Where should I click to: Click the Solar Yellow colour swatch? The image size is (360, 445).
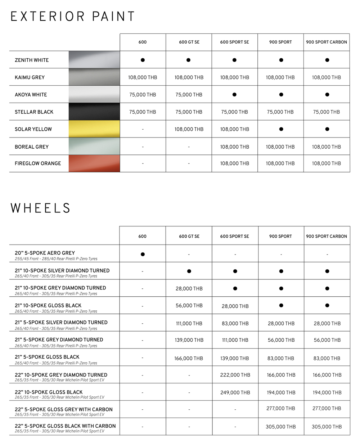point(94,129)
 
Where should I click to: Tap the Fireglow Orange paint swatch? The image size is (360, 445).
point(94,163)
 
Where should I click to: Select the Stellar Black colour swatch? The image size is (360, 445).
point(94,112)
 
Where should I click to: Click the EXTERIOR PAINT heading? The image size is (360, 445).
point(73,17)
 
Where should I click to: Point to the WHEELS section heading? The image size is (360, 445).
point(41,208)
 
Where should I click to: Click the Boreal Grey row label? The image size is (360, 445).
point(32,147)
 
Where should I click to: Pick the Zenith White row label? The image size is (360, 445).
point(32,60)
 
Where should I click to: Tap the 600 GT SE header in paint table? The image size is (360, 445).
point(189,42)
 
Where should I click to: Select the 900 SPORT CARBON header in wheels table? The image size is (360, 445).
point(327,237)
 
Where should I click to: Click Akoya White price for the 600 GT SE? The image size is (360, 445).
point(189,95)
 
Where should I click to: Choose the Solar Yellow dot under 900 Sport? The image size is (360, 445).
point(281,129)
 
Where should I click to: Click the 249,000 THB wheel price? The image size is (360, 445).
point(235,392)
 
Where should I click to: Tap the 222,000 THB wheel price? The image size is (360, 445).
point(235,375)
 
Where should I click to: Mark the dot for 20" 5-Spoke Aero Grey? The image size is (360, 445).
point(143,254)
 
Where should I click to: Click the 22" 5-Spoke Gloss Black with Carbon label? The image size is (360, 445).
point(65,426)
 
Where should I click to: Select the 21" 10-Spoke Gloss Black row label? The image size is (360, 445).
point(48,305)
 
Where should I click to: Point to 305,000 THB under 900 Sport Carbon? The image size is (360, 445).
point(327,427)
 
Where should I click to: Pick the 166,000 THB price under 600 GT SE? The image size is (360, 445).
point(189,358)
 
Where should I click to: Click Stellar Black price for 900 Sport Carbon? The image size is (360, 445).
point(327,112)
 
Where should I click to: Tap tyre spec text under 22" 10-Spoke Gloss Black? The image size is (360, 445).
point(59,397)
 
